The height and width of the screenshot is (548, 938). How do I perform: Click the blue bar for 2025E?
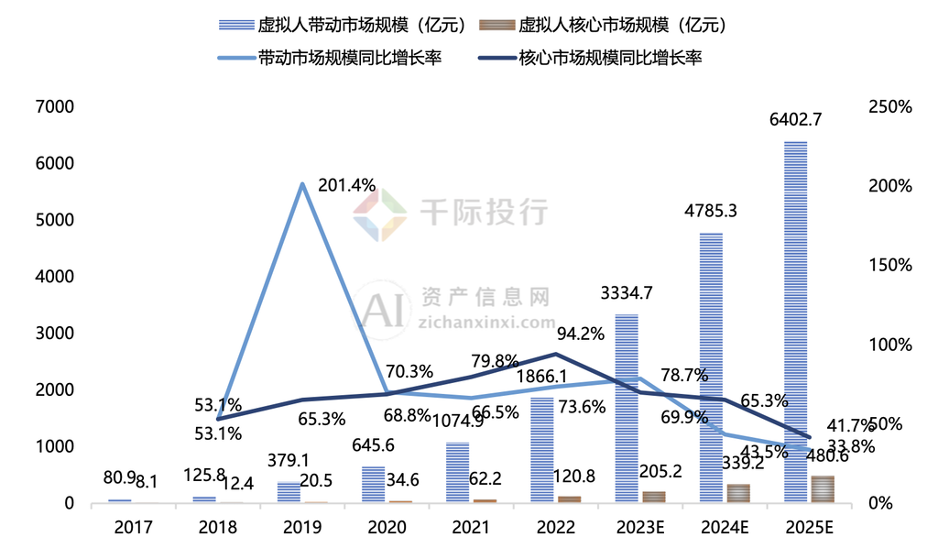point(795,321)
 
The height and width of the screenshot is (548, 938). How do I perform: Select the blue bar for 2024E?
point(711,367)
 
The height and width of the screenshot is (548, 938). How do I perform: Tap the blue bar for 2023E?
point(627,408)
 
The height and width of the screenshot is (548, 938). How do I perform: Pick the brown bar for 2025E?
point(823,489)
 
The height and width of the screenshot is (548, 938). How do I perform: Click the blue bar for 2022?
point(541,449)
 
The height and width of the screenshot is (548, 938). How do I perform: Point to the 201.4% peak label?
point(347,185)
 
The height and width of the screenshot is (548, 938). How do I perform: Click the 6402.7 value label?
point(796,119)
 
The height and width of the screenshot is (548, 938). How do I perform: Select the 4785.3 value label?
point(712,211)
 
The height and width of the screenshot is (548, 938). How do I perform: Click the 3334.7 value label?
point(627,293)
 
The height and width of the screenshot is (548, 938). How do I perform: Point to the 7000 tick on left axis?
point(55,106)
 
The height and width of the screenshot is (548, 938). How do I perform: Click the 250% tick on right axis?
point(890,106)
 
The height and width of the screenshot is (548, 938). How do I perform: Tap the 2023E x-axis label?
point(640,528)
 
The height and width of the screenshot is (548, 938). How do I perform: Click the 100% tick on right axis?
point(890,345)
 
